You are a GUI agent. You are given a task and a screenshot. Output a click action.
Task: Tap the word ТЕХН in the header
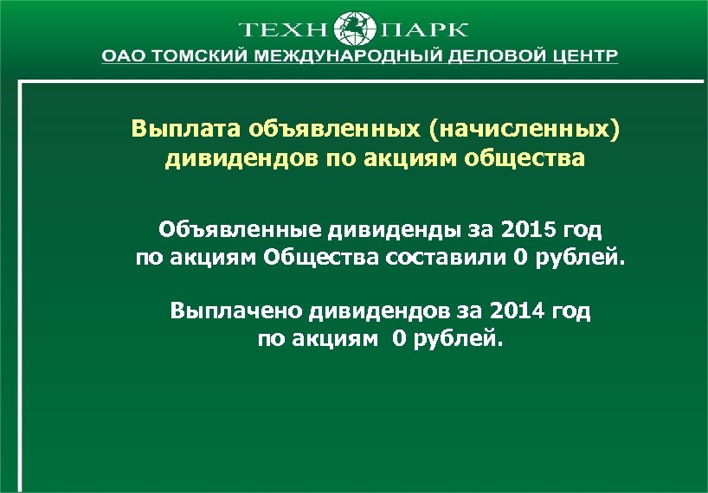(x=283, y=29)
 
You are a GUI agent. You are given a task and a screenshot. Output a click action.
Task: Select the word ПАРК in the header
(x=424, y=29)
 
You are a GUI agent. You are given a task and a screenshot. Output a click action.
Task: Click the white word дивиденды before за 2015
(x=387, y=231)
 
